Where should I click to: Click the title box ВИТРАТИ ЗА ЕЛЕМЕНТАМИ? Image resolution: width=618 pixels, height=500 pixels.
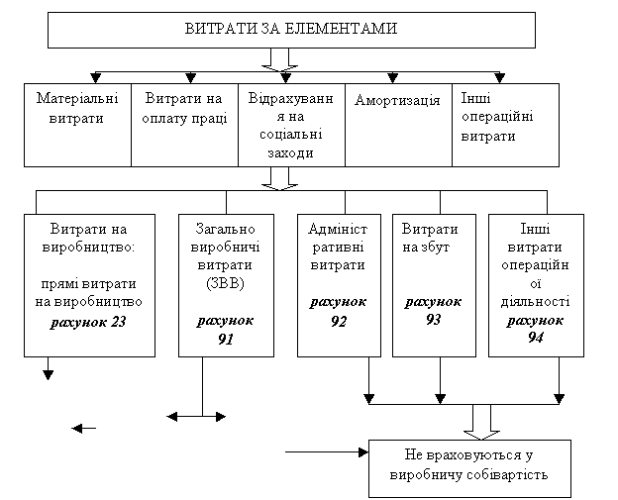click(291, 29)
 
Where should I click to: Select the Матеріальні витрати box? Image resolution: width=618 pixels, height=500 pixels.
click(77, 124)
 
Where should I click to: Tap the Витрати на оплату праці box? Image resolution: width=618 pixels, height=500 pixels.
click(185, 124)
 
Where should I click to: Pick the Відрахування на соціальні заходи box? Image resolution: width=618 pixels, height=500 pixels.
click(291, 124)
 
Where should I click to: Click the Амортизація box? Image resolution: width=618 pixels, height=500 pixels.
click(397, 124)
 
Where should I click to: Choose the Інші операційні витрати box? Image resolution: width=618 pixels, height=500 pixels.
click(505, 124)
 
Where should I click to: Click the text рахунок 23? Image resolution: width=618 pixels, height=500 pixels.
click(90, 323)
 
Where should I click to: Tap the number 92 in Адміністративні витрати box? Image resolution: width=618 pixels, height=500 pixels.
click(338, 320)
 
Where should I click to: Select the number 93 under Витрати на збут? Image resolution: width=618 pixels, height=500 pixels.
click(433, 320)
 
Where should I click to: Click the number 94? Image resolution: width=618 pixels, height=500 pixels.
click(536, 338)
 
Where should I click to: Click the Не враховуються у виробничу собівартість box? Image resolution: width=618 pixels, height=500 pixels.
click(469, 468)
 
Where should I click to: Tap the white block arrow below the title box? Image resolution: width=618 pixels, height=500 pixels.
click(280, 59)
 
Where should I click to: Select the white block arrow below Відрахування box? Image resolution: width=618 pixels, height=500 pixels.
click(280, 178)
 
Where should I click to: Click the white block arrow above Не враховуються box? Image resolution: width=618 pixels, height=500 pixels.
click(481, 421)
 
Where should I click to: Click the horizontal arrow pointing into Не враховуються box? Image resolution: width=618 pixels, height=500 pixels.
click(327, 452)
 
